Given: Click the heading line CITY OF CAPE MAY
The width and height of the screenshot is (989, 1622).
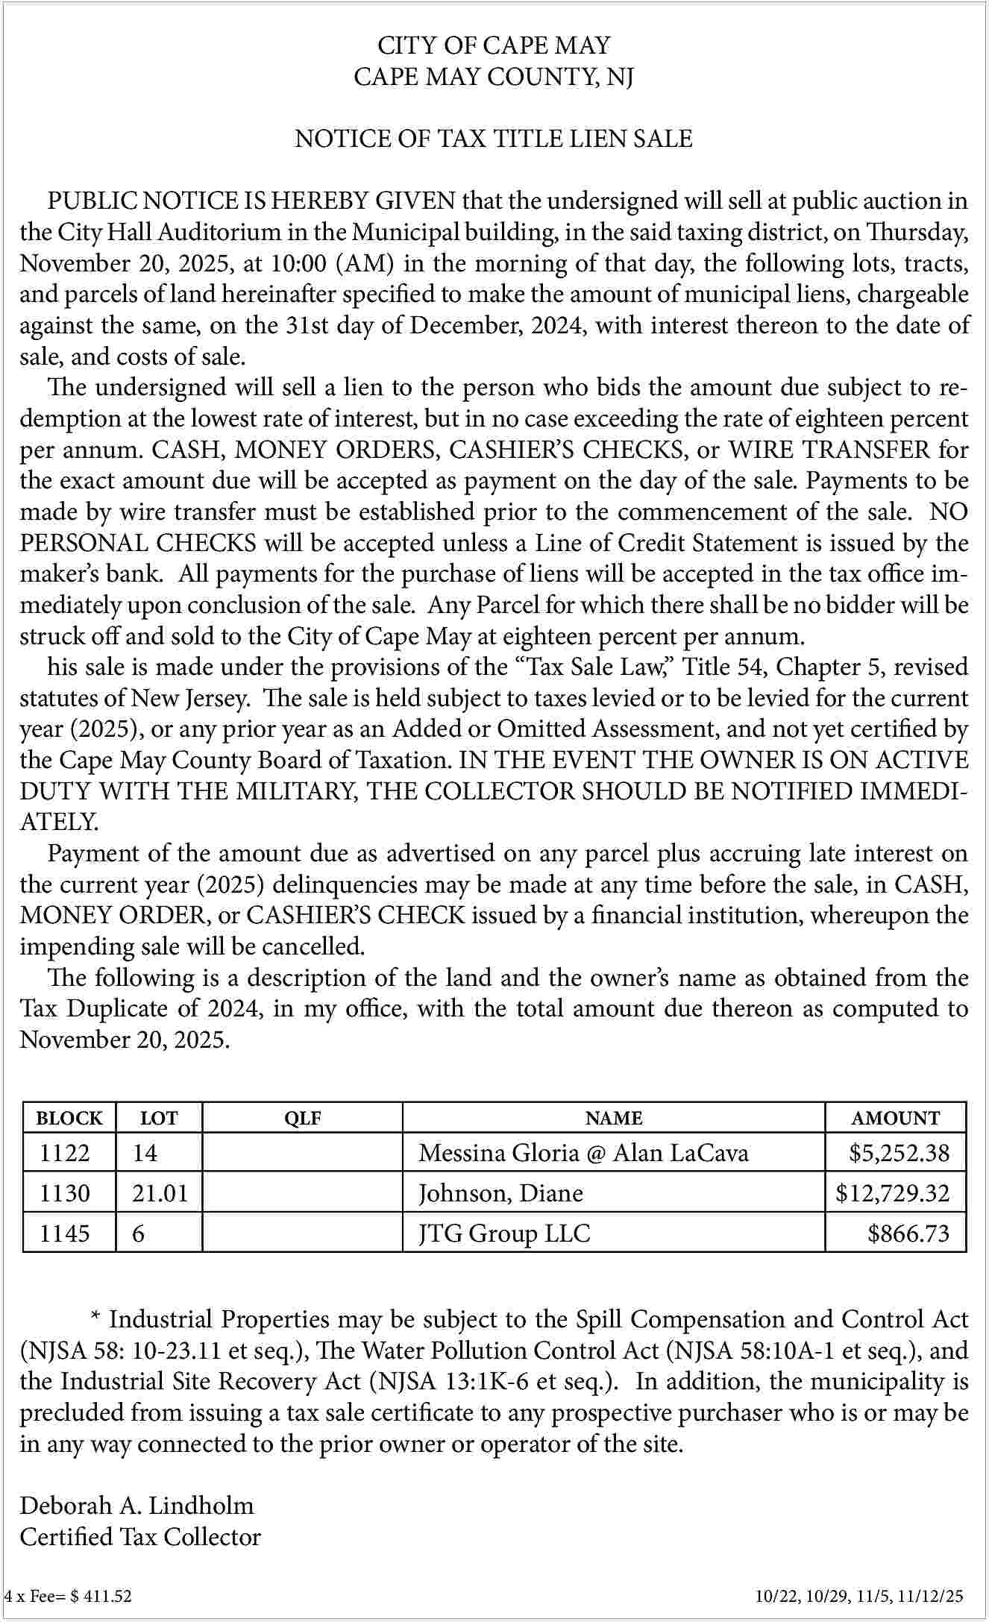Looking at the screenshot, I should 494,45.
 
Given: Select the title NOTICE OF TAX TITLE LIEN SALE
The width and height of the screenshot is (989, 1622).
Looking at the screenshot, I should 494,139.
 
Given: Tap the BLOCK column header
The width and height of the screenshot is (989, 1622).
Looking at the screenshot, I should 69,1118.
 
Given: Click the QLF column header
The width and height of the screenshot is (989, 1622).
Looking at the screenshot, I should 303,1118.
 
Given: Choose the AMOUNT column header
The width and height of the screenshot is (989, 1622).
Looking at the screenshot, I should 896,1118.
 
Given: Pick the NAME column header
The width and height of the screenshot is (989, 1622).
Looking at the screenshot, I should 613,1118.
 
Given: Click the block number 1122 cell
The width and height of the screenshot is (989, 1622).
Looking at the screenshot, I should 65,1153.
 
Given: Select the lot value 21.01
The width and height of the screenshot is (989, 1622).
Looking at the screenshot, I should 160,1193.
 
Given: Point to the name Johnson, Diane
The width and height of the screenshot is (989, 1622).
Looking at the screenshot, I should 500,1193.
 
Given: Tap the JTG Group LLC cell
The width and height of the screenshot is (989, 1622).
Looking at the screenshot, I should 504,1233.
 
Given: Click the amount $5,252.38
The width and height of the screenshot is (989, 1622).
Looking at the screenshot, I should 899,1153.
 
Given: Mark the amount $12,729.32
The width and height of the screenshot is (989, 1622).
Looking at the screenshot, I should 893,1193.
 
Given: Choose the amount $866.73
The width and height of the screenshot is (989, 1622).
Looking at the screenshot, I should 908,1233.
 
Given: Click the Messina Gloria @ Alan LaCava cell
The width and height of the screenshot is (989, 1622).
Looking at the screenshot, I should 583,1153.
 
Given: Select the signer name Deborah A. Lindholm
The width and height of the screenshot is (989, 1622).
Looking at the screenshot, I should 136,1505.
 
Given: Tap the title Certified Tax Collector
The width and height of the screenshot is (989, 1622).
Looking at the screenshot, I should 140,1536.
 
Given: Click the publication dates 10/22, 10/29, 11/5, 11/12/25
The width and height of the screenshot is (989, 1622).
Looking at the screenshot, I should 858,1597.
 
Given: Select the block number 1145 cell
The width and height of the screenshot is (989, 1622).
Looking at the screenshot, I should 65,1233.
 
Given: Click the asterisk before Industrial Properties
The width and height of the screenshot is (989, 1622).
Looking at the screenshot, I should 95,1317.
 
